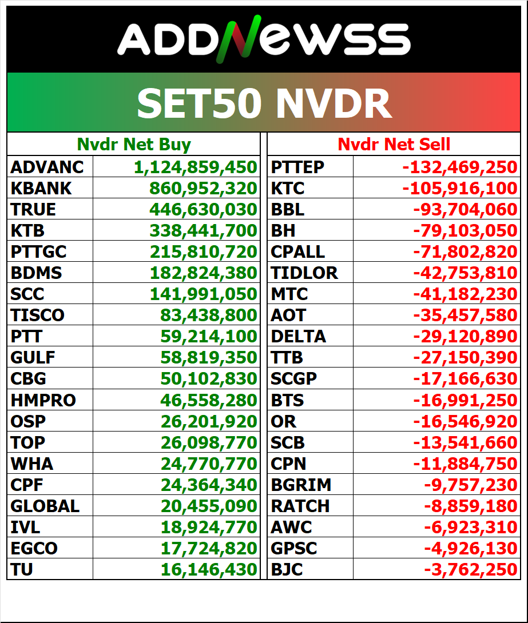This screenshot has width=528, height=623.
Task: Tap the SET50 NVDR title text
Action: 264,103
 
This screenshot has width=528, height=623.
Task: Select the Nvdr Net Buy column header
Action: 134,145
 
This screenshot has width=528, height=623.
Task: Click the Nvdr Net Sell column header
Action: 394,145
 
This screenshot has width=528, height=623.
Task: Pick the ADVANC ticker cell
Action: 47,167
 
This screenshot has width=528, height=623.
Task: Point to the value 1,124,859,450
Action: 195,167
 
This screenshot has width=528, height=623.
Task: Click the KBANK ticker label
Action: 41,188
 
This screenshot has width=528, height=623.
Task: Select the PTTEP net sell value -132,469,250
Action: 459,167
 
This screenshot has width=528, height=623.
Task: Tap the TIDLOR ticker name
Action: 304,273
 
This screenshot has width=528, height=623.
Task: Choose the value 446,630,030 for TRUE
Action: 203,209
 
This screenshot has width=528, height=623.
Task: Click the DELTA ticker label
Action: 299,336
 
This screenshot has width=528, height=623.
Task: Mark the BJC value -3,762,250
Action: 470,569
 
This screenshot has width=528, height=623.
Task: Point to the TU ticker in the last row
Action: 22,569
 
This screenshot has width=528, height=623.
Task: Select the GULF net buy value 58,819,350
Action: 208,358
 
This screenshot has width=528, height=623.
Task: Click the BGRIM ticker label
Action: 301,485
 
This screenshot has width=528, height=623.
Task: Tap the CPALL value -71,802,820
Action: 465,251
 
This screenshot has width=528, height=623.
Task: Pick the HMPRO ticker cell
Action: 43,400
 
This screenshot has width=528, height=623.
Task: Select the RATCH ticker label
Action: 300,506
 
